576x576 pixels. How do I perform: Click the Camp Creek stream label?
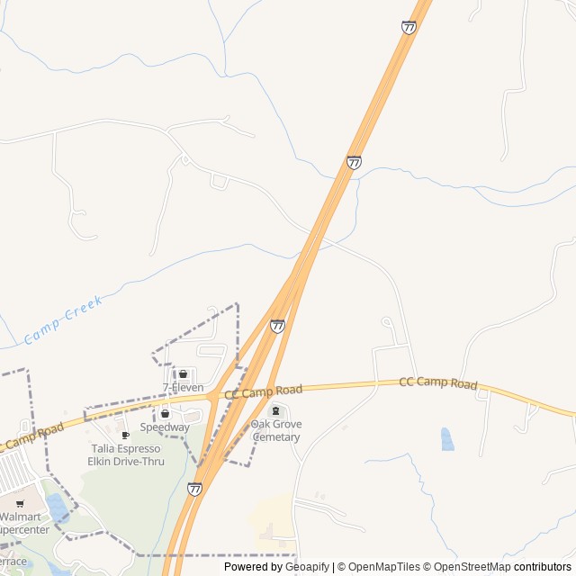pyautogui.click(x=63, y=319)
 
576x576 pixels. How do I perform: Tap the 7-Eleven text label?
pyautogui.click(x=183, y=388)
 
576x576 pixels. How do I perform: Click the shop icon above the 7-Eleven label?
pyautogui.click(x=183, y=374)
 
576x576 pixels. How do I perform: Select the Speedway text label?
pyautogui.click(x=165, y=427)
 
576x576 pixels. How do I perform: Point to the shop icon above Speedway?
pyautogui.click(x=165, y=414)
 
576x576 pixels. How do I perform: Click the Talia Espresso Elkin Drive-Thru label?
pyautogui.click(x=126, y=454)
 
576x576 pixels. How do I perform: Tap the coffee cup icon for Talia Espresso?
pyautogui.click(x=125, y=436)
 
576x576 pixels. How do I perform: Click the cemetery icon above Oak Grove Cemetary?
pyautogui.click(x=275, y=411)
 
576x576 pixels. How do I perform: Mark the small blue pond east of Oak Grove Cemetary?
pyautogui.click(x=447, y=439)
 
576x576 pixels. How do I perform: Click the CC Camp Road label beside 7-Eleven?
pyautogui.click(x=263, y=391)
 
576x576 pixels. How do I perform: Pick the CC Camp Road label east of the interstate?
pyautogui.click(x=437, y=383)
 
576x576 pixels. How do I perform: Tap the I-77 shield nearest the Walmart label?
pyautogui.click(x=195, y=488)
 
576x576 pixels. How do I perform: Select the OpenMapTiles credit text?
pyautogui.click(x=384, y=567)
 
